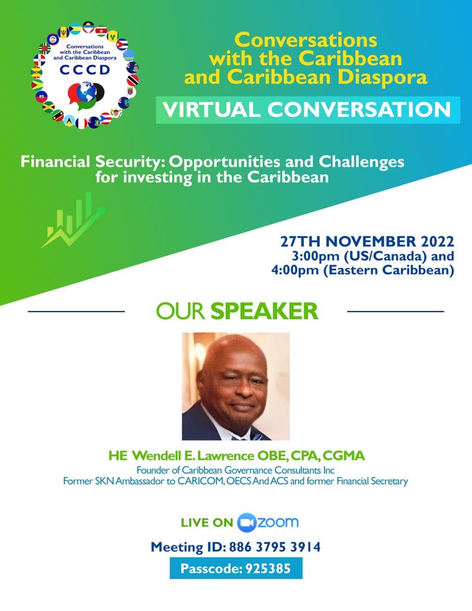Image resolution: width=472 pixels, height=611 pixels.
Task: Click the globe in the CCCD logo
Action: [x=86, y=91]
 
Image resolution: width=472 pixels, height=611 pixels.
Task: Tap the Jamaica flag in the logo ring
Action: [x=49, y=106]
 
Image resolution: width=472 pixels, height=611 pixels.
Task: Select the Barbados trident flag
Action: [x=63, y=32]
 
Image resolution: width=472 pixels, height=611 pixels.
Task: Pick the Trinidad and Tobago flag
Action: [x=132, y=81]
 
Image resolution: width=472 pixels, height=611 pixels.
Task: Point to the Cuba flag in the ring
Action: [x=122, y=44]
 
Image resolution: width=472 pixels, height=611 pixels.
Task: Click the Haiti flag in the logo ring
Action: [x=41, y=96]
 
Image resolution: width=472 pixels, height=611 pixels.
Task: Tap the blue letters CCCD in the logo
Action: [x=85, y=70]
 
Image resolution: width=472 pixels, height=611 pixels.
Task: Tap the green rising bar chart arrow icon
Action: [x=73, y=220]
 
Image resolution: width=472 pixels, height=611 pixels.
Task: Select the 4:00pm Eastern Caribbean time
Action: [x=363, y=270]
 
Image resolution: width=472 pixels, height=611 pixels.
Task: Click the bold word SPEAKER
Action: [x=264, y=311]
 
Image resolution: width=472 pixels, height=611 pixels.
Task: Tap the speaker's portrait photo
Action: [x=236, y=386]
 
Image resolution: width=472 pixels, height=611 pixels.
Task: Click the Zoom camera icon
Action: [x=246, y=523]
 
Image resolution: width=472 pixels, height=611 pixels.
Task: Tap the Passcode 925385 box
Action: [x=236, y=568]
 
